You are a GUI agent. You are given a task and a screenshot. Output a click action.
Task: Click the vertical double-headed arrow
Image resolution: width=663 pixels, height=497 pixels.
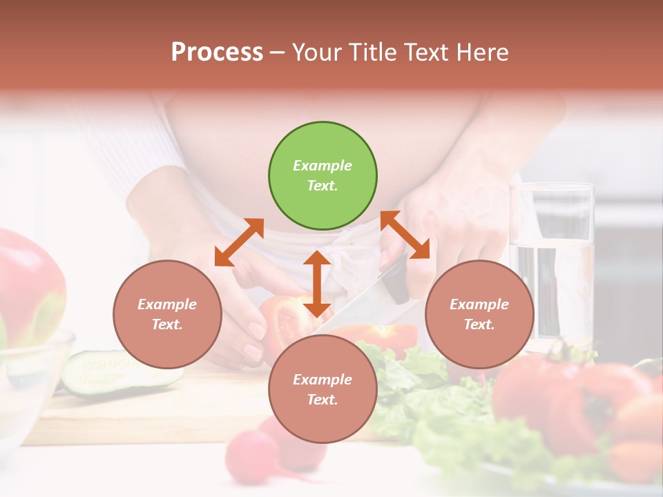[317, 284]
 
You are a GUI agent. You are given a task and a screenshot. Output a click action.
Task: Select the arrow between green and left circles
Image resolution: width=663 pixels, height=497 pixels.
[239, 242]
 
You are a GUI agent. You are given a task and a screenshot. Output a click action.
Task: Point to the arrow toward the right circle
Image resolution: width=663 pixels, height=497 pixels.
[405, 235]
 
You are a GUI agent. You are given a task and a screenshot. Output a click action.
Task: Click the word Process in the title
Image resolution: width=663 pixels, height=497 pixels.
[217, 52]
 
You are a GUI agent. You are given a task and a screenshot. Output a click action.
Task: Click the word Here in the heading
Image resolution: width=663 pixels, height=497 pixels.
[482, 52]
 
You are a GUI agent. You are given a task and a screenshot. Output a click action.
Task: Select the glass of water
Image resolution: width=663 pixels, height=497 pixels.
[552, 262]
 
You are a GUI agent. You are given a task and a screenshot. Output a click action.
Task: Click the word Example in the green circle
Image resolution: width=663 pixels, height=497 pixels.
[323, 166]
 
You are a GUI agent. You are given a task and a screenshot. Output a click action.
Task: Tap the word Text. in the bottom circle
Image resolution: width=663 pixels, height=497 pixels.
[323, 400]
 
